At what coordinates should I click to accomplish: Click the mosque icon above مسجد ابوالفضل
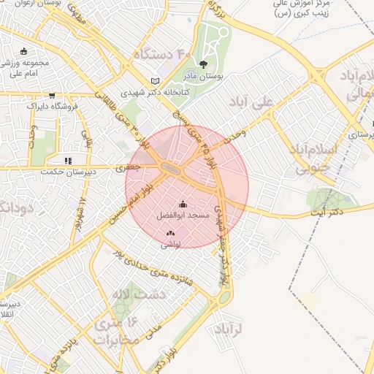pos(182,205)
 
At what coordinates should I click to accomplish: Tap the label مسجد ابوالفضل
pos(183,216)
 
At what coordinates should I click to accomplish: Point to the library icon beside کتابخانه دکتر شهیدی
pos(153,81)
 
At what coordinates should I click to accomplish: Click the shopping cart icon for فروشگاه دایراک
pos(52,95)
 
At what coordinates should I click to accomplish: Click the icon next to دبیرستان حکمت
pos(68,160)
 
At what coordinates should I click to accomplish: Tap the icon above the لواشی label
pos(170,234)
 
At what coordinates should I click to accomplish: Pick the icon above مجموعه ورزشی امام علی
pos(25,51)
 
